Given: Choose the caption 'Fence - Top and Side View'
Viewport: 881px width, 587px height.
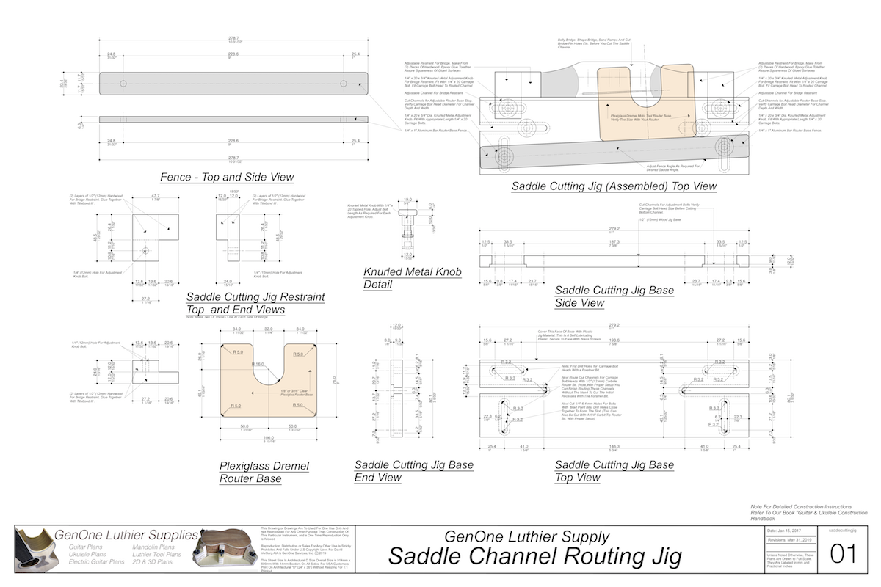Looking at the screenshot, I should point(227,177).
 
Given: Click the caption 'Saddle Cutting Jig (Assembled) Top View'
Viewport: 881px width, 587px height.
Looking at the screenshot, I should point(614,186).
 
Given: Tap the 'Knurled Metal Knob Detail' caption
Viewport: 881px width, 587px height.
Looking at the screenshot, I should point(412,278).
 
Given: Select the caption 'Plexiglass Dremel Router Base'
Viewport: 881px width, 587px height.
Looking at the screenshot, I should point(264,472).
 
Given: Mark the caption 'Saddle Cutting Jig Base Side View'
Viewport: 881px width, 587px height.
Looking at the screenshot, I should point(614,296).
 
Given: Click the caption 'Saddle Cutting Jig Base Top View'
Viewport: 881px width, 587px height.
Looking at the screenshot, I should point(614,471).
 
